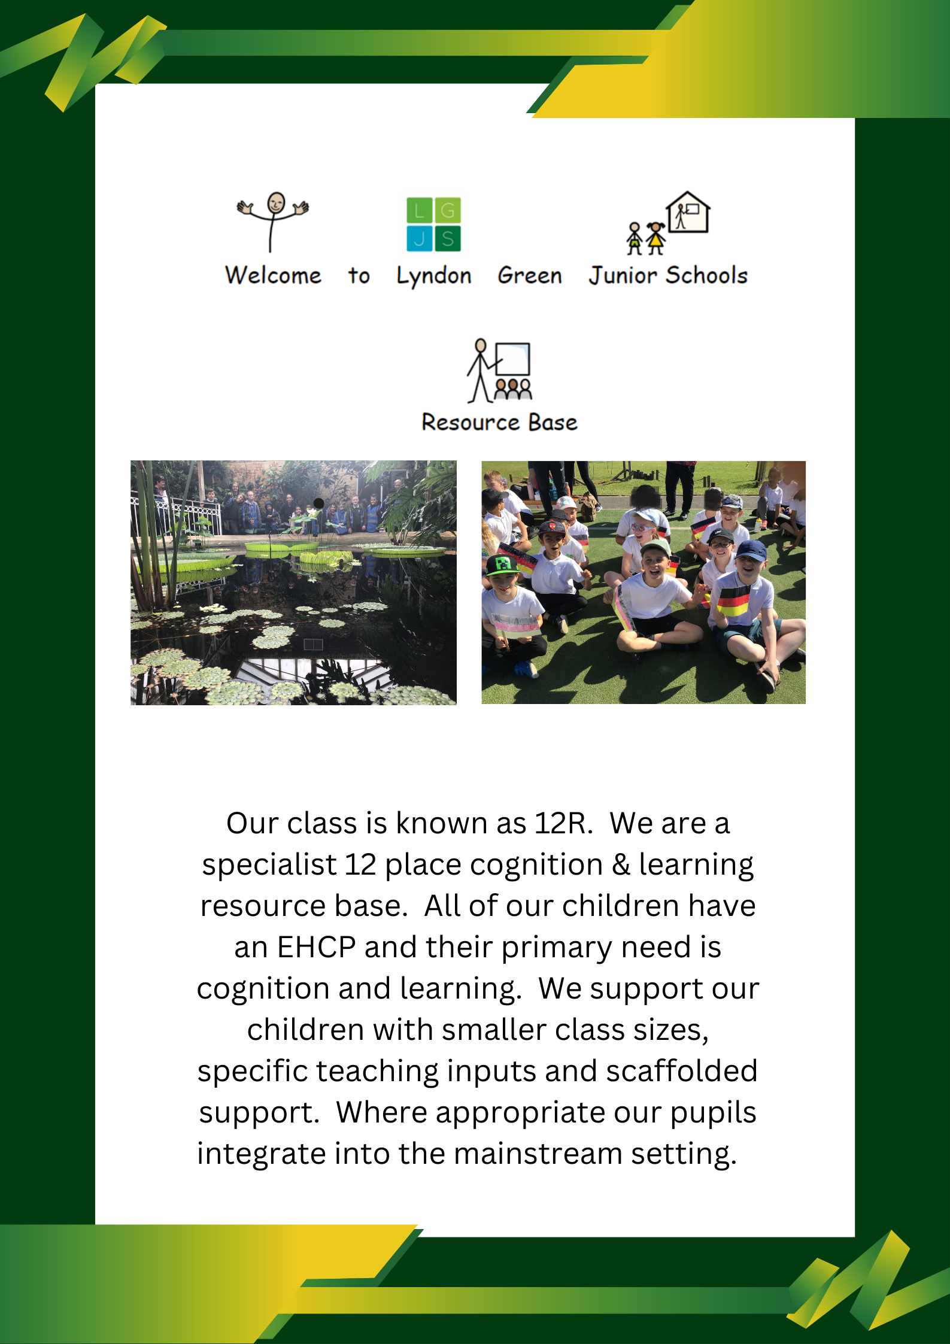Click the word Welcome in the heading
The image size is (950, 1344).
pos(273,275)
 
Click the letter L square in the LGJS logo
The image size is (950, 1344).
pos(419,210)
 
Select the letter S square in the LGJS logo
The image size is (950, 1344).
pos(448,238)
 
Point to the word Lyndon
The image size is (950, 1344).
pos(434,276)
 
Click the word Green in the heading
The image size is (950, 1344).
pos(530,275)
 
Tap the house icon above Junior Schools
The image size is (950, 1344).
pos(688,213)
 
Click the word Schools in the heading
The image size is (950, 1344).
pos(707,275)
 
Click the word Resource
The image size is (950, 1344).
pos(470,423)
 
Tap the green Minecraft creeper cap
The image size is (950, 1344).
pos(502,564)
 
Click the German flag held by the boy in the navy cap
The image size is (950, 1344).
pos(733,600)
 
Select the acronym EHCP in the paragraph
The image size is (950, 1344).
pos(316,948)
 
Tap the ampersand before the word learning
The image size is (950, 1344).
pos(621,865)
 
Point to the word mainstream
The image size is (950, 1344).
pos(538,1154)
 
